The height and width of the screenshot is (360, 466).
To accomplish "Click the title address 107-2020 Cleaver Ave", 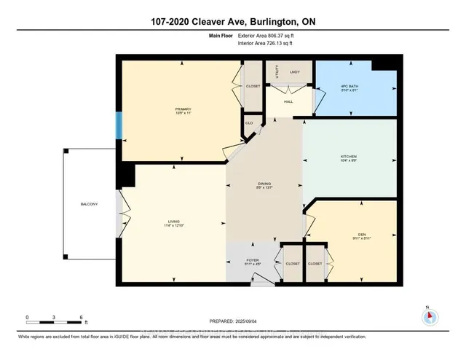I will click(232, 20).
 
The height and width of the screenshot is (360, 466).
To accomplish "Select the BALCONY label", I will click(89, 203).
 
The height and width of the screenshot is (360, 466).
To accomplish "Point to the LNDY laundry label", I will click(294, 72).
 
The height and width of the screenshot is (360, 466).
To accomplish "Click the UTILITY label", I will click(277, 72).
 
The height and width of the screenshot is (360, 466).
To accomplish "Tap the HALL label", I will click(288, 102).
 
